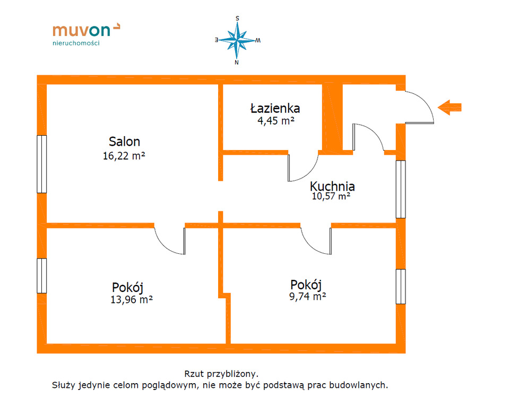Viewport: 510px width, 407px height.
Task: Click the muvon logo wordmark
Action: tap(86, 30)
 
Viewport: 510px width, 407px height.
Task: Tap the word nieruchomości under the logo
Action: tap(76, 43)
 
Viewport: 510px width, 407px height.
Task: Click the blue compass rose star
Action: tap(237, 40)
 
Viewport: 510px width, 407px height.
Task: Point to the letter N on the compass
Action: tap(237, 63)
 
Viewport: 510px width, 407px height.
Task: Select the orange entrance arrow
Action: tap(450, 107)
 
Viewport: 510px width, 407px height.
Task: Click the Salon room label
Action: tap(124, 141)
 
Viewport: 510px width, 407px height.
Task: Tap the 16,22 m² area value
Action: tap(124, 156)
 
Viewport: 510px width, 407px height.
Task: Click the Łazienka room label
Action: tap(275, 108)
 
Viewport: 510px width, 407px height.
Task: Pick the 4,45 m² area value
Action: tap(276, 121)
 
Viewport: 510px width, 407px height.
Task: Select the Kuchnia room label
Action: tap(332, 186)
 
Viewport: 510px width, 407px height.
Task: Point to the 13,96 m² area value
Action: tap(132, 299)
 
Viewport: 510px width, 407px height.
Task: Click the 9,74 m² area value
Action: tap(308, 296)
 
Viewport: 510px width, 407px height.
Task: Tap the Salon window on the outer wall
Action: tap(41, 164)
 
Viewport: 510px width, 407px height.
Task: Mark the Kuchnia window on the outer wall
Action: tap(401, 189)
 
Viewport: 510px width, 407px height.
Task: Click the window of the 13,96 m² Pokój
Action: tap(41, 276)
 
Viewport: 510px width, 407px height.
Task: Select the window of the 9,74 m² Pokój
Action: tap(401, 287)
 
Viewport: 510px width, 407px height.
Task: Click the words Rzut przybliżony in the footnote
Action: tap(221, 374)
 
